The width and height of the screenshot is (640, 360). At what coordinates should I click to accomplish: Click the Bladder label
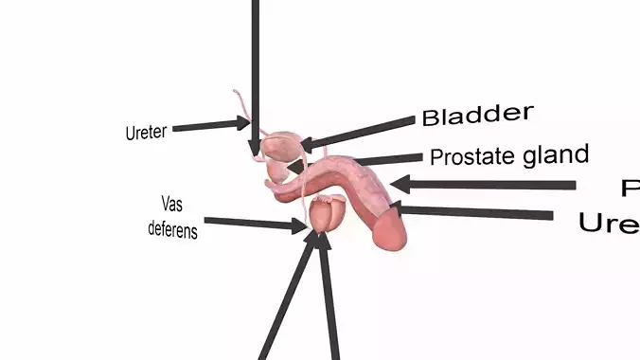tap(477, 116)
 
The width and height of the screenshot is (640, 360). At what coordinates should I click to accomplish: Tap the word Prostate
tap(468, 156)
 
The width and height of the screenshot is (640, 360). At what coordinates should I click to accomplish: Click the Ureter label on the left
tap(146, 132)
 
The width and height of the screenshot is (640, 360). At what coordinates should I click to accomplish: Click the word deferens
tap(172, 229)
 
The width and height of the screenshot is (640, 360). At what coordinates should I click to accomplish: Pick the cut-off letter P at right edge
tap(631, 189)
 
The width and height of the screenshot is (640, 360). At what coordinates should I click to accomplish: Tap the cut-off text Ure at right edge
tap(609, 224)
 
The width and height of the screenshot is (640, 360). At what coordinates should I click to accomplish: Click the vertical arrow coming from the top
tap(255, 76)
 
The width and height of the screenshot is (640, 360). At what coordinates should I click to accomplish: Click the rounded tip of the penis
tap(389, 232)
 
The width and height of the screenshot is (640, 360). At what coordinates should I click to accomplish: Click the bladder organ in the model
tap(282, 146)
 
